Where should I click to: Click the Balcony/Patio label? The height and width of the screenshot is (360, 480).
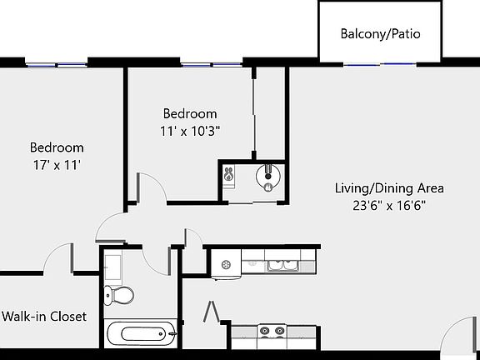coord(380,34)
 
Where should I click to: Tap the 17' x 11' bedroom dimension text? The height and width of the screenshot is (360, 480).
coord(55,165)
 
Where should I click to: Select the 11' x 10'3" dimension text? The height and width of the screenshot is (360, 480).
coord(189,131)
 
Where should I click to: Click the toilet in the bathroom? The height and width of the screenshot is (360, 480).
coord(119,294)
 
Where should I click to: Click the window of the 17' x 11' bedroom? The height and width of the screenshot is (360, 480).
coord(55,62)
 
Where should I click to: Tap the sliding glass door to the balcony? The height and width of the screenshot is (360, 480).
coord(380,64)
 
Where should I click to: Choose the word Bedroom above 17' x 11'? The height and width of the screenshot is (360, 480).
coord(57,147)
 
